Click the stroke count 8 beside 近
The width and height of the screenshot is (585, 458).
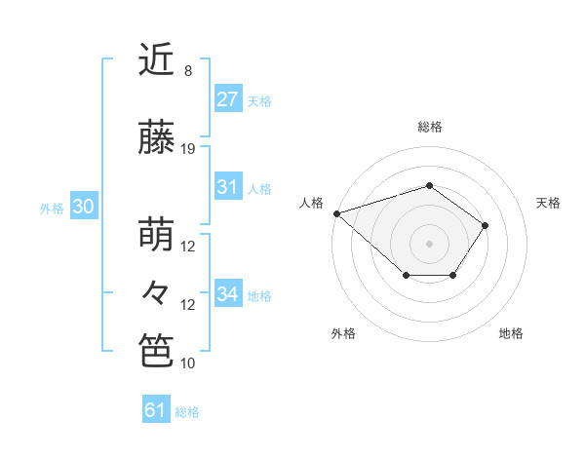click(188, 71)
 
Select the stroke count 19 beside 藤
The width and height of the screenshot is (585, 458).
click(188, 149)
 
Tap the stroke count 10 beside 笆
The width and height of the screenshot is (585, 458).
click(188, 363)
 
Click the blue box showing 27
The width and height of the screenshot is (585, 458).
click(228, 99)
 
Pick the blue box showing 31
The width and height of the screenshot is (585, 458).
click(228, 187)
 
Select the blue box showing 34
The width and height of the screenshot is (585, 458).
click(228, 294)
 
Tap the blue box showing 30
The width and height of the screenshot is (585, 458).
click(83, 207)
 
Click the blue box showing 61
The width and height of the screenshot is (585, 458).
click(156, 410)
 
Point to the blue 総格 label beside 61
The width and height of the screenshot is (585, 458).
click(187, 412)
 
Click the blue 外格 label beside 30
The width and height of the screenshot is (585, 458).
click(52, 208)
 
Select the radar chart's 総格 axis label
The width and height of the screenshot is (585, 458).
click(429, 127)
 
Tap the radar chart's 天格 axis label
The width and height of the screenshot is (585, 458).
click(549, 203)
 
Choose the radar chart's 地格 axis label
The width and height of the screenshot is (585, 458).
click(511, 333)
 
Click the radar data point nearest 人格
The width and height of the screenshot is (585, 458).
click(336, 212)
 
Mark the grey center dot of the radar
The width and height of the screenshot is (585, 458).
click(429, 243)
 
